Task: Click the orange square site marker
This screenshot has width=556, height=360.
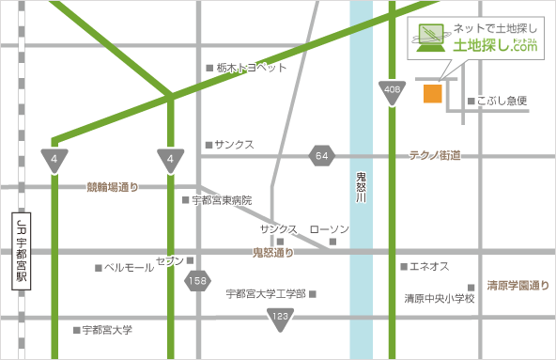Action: pos(432,93)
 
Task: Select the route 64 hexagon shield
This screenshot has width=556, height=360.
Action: pos(322,155)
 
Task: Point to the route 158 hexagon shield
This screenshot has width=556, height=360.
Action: pos(197,279)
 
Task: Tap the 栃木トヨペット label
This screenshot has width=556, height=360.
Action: pos(251,68)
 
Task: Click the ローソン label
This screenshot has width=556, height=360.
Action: pos(329,229)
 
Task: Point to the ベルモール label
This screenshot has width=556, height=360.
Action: pos(129,268)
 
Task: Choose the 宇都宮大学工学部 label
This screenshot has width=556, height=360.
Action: pos(266,294)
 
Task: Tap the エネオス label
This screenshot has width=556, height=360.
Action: pos(430,267)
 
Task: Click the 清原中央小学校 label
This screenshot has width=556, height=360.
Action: pos(440,299)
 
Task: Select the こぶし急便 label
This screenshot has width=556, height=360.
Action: pos(502,101)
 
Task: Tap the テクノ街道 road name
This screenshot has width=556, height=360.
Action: pos(434,155)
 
